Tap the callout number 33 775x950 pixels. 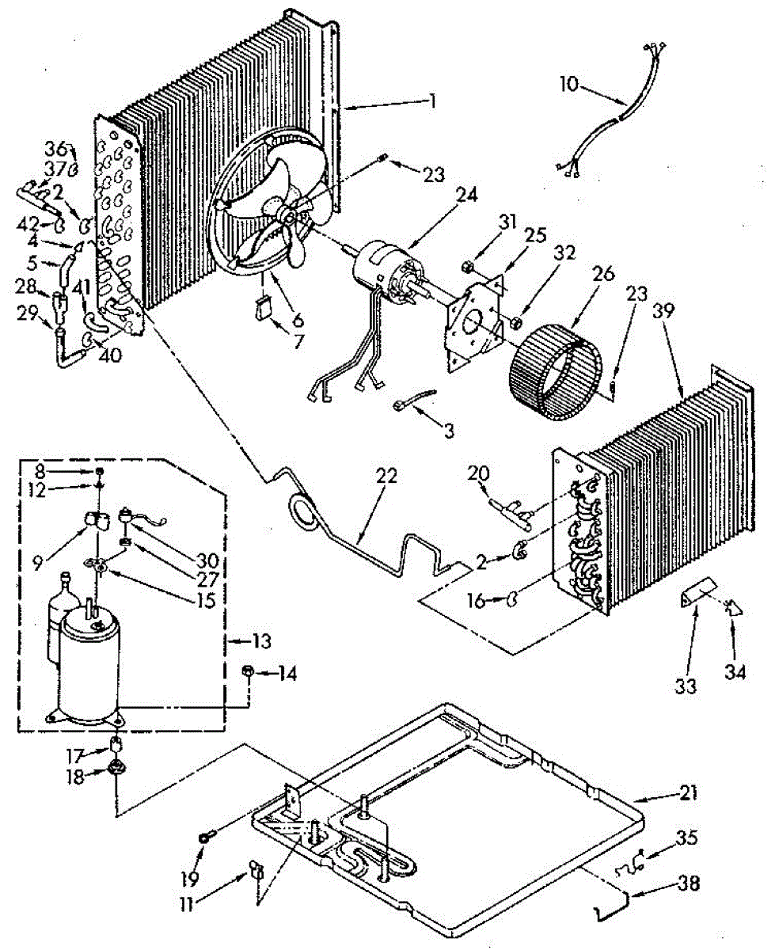(x=686, y=685)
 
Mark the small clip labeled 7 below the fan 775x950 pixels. (x=264, y=307)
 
